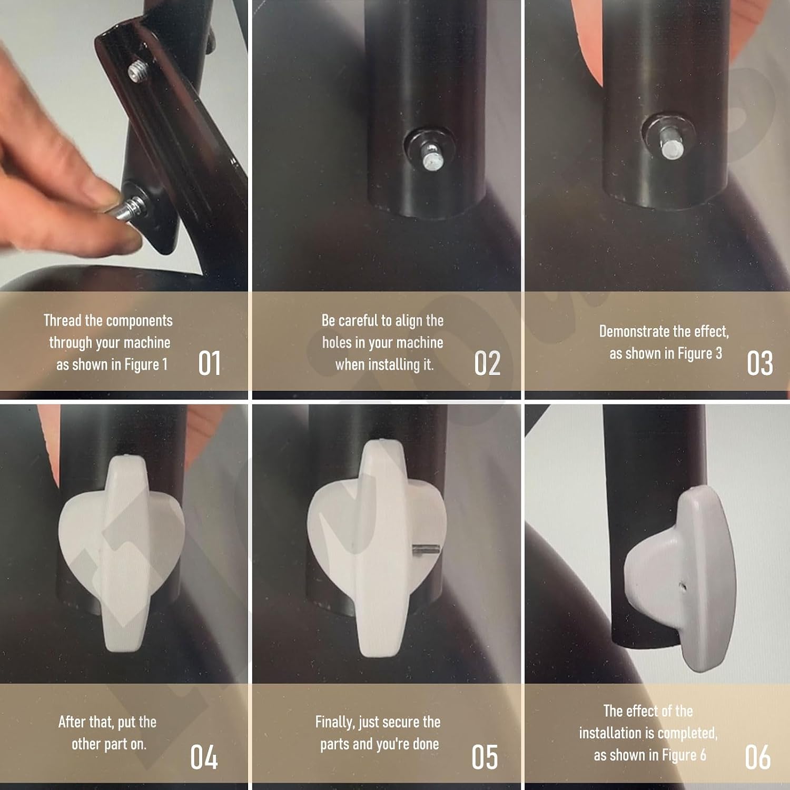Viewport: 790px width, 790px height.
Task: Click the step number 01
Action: pos(209,363)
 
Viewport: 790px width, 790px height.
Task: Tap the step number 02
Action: pos(487,363)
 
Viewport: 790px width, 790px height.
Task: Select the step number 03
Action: pos(760,363)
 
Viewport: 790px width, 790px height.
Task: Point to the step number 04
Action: pos(204,757)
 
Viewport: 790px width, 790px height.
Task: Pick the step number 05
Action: pos(485,757)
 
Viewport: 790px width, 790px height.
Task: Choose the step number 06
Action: pos(758,757)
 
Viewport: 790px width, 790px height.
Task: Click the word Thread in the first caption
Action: pos(62,320)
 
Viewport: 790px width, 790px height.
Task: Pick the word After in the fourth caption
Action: pos(72,722)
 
